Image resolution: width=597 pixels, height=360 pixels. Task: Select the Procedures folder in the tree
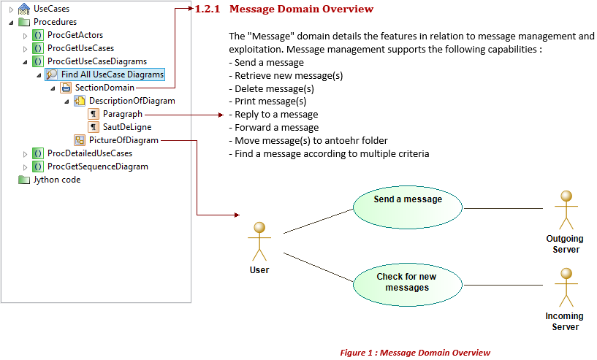tap(55, 22)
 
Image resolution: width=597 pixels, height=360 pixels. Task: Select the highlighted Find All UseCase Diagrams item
tap(112, 74)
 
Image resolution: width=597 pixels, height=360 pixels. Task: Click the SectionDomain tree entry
tap(104, 88)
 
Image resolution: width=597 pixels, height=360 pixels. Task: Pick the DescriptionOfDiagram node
tap(132, 101)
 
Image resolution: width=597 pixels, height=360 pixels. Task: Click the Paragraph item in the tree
tap(122, 114)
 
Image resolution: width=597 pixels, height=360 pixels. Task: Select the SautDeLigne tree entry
tap(127, 127)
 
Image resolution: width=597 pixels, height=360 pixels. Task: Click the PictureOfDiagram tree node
tap(123, 140)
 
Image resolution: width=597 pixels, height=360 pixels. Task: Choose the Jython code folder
tap(56, 180)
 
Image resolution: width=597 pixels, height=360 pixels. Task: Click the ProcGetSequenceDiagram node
tap(97, 166)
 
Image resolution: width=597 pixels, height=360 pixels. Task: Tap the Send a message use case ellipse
tap(407, 207)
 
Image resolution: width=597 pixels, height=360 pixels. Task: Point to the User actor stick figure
tap(259, 241)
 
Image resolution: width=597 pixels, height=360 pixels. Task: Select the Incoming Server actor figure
tap(564, 288)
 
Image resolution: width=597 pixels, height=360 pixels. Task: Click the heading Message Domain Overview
tap(301, 9)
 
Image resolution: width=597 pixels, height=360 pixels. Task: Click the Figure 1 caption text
tap(415, 353)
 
